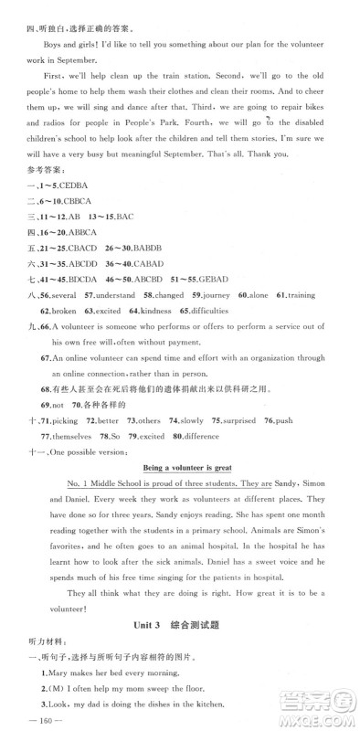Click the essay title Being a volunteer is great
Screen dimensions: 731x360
(179, 467)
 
